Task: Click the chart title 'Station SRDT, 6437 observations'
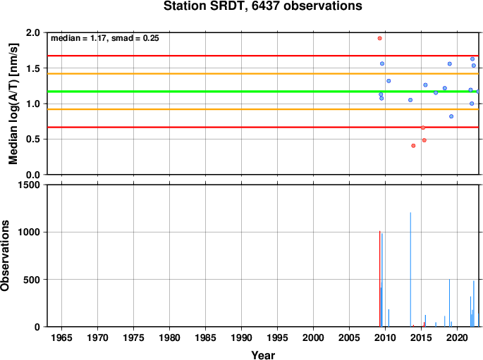263,6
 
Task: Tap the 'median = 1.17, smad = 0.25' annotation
105,38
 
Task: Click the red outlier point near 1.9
379,38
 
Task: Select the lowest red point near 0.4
413,146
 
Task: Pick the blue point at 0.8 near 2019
451,116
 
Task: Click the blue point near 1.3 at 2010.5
389,81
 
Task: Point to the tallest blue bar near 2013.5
410,270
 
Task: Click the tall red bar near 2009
379,279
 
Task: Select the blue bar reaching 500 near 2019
449,303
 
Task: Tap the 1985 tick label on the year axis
205,338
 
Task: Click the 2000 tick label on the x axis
313,338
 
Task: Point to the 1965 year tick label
61,338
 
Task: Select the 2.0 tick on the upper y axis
33,32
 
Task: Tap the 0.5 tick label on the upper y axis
33,139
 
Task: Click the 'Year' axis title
263,355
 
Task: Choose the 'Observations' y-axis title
5,256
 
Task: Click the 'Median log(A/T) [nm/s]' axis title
13,104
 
